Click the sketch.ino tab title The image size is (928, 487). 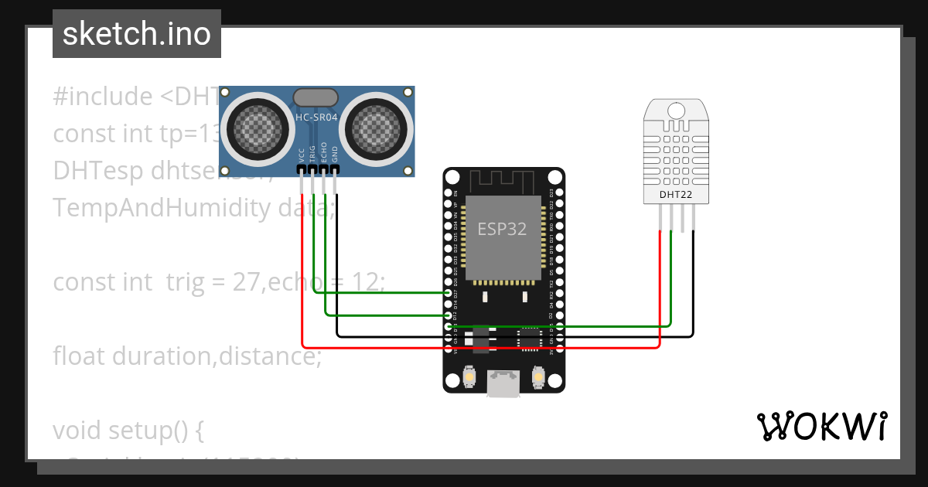click(x=136, y=34)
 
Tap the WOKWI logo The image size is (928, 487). click(x=821, y=426)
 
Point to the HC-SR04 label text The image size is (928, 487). click(x=316, y=117)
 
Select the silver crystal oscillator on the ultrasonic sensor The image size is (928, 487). click(x=316, y=97)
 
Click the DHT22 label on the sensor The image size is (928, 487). click(x=675, y=195)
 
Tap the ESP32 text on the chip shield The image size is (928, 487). click(x=502, y=230)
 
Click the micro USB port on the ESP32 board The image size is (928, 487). click(x=503, y=384)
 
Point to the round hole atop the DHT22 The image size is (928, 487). click(x=676, y=111)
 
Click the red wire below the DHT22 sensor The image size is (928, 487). click(x=659, y=286)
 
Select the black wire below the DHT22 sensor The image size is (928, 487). click(x=693, y=286)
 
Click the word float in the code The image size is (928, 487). click(x=80, y=356)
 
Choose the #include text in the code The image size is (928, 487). click(x=103, y=97)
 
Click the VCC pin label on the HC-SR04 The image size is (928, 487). click(x=302, y=154)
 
